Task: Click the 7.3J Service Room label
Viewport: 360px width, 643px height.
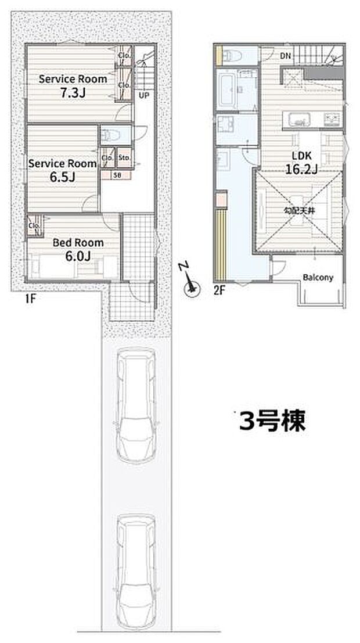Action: [73, 85]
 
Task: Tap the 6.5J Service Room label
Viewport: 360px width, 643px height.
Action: [62, 170]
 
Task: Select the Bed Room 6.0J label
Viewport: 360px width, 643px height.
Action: [78, 249]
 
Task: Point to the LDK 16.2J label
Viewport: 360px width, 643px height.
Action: [301, 162]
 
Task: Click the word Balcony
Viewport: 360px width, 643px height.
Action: [318, 278]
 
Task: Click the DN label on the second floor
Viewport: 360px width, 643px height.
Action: [285, 56]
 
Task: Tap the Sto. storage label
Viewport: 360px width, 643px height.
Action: [124, 157]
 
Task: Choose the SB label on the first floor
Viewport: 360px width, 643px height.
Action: [117, 174]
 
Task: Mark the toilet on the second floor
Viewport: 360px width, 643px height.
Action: [233, 56]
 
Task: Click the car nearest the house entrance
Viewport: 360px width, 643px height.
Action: [134, 405]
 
